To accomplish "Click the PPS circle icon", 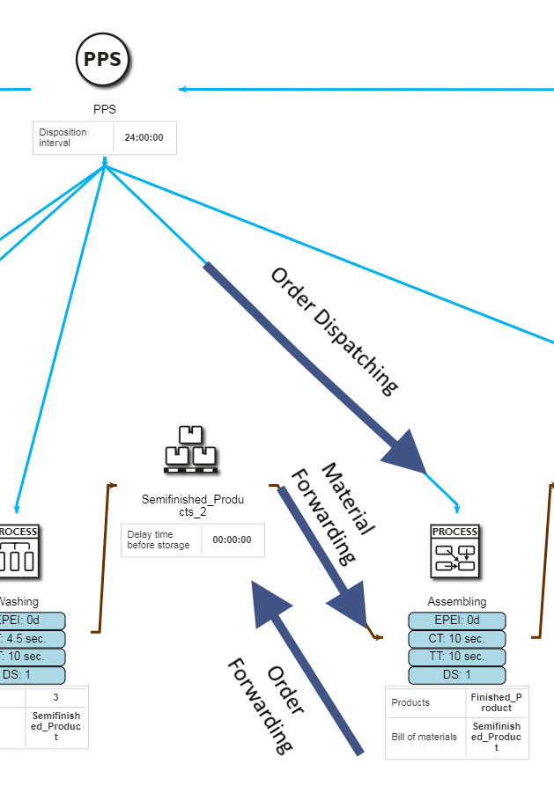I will pyautogui.click(x=104, y=61).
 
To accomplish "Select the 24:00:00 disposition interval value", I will pyautogui.click(x=144, y=137).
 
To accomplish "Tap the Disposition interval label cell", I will pyautogui.click(x=74, y=137).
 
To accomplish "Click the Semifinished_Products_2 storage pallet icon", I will pyautogui.click(x=191, y=450).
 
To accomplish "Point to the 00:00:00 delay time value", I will pyautogui.click(x=232, y=540).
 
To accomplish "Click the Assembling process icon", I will pyautogui.click(x=454, y=552).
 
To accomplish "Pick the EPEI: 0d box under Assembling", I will pyautogui.click(x=456, y=621).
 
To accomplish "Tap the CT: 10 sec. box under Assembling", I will pyautogui.click(x=456, y=639).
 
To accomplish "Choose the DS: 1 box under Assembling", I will pyautogui.click(x=456, y=675).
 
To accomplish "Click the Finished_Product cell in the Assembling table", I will pyautogui.click(x=496, y=702).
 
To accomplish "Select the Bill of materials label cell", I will pyautogui.click(x=425, y=737).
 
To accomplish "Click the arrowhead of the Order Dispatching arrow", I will pyautogui.click(x=404, y=452).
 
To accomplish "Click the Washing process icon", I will pyautogui.click(x=18, y=552).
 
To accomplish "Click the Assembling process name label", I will pyautogui.click(x=456, y=602).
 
